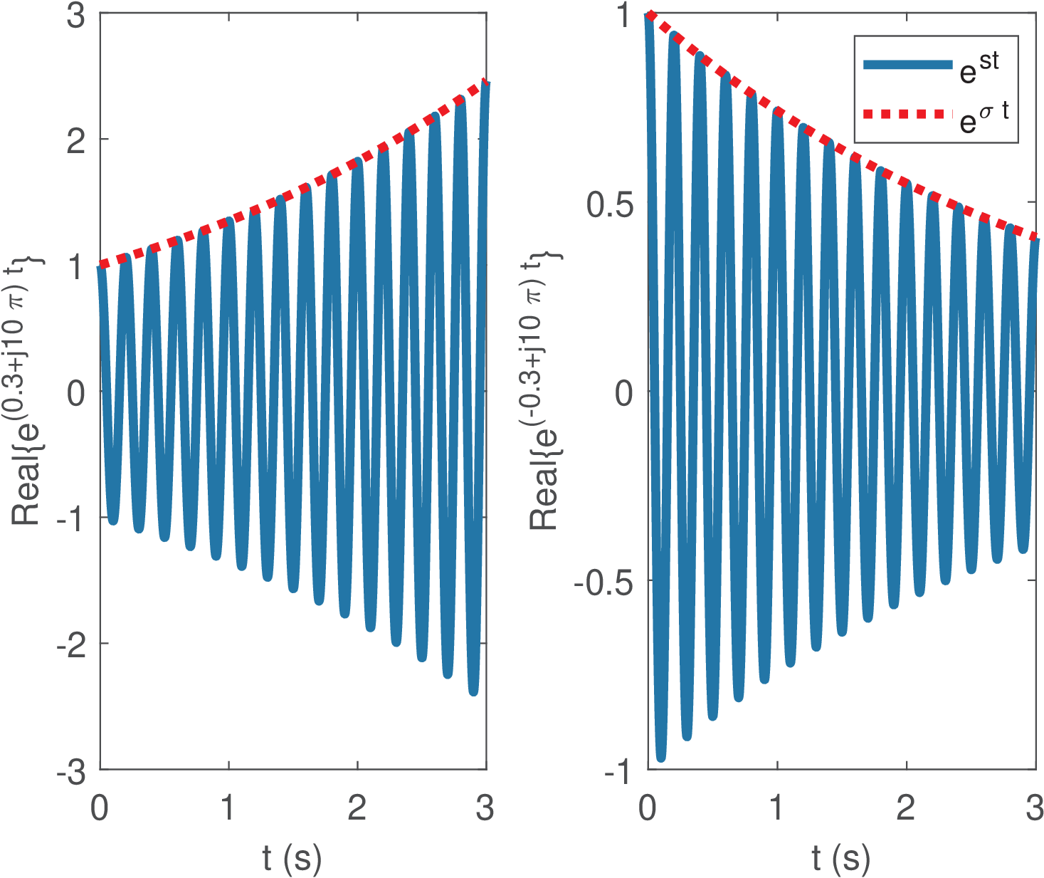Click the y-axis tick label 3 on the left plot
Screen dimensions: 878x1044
[76, 16]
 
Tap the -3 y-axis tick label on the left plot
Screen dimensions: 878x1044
[72, 772]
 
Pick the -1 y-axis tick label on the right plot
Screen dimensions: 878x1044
[618, 772]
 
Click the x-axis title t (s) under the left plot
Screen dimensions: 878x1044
[292, 858]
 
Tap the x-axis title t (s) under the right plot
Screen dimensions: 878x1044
[840, 858]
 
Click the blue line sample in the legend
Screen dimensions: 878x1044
[907, 65]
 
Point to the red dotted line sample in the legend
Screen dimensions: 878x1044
[907, 114]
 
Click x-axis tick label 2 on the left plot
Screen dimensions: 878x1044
[357, 808]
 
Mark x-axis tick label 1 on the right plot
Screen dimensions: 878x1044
[776, 808]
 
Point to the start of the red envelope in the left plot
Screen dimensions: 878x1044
[102, 265]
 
